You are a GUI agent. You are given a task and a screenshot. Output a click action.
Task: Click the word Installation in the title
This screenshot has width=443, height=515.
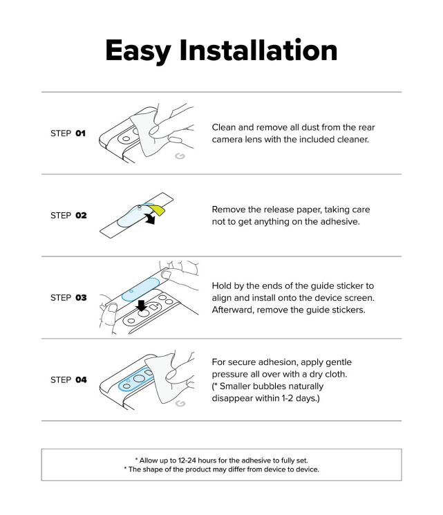pyautogui.click(x=258, y=50)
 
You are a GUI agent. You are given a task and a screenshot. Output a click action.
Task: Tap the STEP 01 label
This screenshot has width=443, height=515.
pyautogui.click(x=68, y=133)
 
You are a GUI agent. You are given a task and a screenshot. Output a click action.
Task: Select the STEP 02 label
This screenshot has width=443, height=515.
pyautogui.click(x=68, y=215)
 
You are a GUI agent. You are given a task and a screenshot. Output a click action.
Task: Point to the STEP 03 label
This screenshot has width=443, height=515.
pyautogui.click(x=68, y=297)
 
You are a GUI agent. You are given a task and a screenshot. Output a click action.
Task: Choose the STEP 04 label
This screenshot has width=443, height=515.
pyautogui.click(x=68, y=380)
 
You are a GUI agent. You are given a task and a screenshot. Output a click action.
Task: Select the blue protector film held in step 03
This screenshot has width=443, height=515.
pyautogui.click(x=142, y=285)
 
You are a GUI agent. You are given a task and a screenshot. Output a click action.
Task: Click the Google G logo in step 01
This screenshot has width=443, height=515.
pyautogui.click(x=180, y=157)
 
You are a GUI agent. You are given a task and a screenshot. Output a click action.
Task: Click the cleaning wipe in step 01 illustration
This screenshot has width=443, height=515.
pyautogui.click(x=147, y=135)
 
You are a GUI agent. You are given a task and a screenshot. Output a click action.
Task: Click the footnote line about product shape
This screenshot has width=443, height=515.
pyautogui.click(x=221, y=469)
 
